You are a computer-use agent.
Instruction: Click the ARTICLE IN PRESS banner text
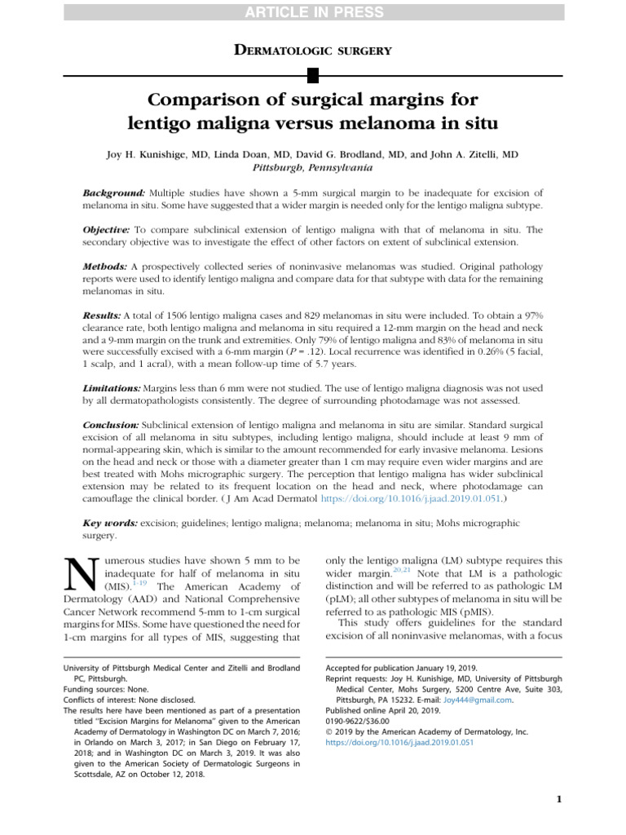(313, 12)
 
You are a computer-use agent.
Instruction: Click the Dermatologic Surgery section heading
(313, 51)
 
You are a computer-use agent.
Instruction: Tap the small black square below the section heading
(313, 77)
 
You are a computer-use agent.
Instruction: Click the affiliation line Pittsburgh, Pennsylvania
(313, 167)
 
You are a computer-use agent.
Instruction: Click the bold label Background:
(114, 191)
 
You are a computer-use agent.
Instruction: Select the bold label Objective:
(107, 230)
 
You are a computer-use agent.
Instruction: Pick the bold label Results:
(102, 315)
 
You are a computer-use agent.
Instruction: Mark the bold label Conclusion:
(112, 426)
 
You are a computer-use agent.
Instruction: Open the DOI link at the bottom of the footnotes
(399, 742)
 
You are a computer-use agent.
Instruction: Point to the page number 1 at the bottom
(559, 799)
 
